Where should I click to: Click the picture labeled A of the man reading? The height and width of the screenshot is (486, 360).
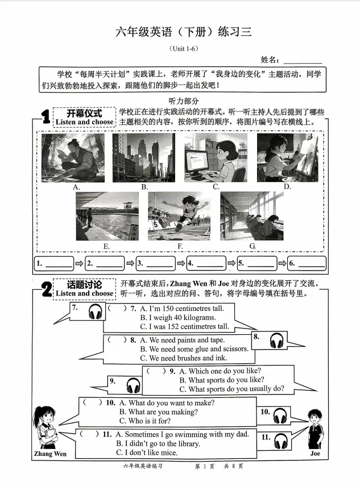pos(73,158)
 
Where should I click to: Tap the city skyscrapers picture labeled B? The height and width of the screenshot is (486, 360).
pos(143,158)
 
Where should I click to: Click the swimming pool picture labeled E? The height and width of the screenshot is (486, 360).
pos(107,217)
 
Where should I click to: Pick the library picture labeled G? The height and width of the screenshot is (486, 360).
pos(252,216)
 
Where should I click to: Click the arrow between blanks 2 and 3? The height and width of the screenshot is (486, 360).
pos(130,263)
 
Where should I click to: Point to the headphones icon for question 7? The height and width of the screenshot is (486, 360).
pos(95,311)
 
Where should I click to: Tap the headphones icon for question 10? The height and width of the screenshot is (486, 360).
pos(280,416)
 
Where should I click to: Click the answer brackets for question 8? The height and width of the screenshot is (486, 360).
pos(117,340)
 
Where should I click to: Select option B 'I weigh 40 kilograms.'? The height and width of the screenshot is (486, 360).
pos(177,318)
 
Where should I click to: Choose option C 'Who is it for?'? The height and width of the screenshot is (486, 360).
pos(145,421)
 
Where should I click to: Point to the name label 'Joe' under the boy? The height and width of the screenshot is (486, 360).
pos(315,454)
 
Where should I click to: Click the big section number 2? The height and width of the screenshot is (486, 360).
pos(47,289)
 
